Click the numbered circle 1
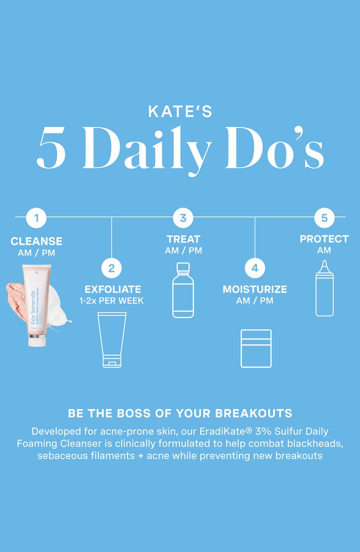36,217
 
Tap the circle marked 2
111,268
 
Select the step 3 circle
183,217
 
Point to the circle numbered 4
255,268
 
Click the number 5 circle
324,217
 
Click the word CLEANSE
36,241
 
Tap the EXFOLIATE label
113,289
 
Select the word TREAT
183,239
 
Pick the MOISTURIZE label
255,289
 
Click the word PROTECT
324,239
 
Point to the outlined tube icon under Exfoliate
112,339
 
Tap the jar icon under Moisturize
256,348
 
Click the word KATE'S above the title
180,112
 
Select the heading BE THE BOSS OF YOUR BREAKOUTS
180,413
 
